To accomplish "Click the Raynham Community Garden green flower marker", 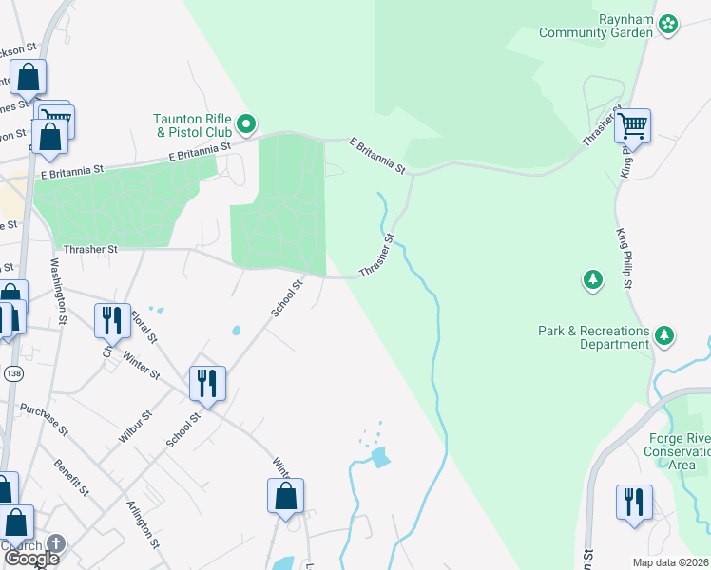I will (x=668, y=23).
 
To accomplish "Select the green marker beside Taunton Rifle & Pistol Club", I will (x=246, y=123).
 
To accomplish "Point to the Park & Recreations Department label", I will (x=593, y=337).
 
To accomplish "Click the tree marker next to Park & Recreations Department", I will (x=664, y=334).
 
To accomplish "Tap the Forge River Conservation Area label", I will (x=678, y=451).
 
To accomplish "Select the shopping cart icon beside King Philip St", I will (x=632, y=125).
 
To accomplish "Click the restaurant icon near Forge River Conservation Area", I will (x=634, y=501).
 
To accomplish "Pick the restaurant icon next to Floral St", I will (x=113, y=320).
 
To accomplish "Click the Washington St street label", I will (x=58, y=292).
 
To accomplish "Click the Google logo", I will (x=31, y=558).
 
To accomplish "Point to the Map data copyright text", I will (x=671, y=562).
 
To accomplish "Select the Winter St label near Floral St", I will (x=141, y=365).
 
